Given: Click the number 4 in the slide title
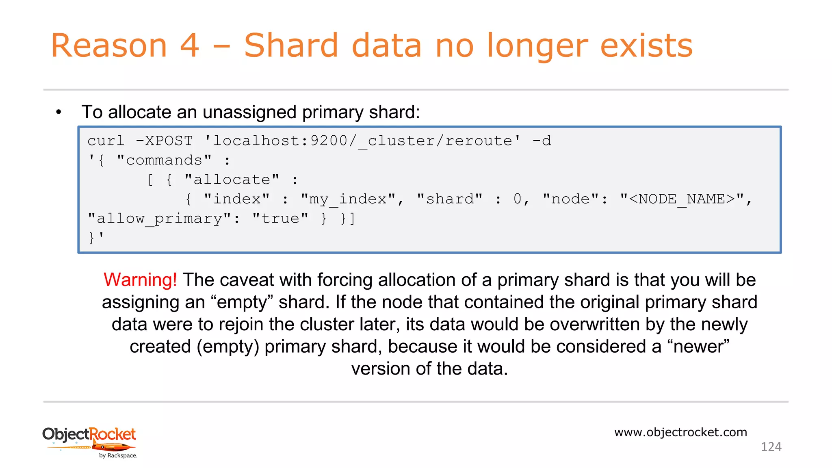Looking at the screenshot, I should point(189,45).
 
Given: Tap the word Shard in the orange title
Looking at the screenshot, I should point(291,45).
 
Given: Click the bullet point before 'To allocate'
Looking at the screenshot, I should point(59,112).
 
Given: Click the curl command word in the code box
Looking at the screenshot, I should point(106,141).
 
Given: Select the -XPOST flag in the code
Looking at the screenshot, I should point(164,141).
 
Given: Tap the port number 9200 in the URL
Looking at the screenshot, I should point(329,141).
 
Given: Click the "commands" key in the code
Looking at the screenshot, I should point(164,160).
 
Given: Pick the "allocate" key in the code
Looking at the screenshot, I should point(232,180).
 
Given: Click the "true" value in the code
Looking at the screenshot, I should point(280,219).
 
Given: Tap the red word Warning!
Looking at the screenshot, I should point(140,280).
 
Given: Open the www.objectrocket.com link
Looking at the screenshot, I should point(680,432).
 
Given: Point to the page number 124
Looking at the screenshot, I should point(771,447).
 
